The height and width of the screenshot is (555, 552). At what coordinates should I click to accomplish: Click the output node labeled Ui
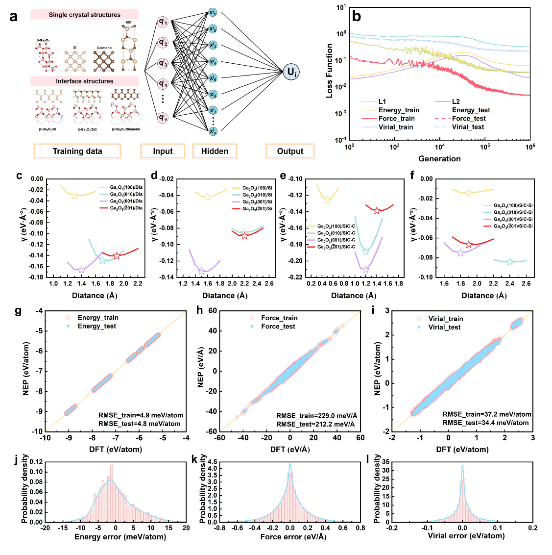point(291,73)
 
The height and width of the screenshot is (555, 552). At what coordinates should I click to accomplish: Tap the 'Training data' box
point(77,151)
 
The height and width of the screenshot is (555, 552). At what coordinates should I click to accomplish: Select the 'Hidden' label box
point(215,151)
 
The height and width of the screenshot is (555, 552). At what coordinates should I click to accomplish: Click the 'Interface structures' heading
point(84,81)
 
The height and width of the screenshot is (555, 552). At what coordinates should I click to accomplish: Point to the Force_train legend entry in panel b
point(396,119)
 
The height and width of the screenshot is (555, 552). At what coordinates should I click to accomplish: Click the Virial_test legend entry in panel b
point(468,127)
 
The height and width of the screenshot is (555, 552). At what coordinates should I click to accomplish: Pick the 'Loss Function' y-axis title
point(330,71)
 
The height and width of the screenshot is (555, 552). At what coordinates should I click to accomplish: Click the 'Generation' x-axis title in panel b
point(439,159)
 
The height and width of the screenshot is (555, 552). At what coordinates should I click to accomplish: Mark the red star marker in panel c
point(117,256)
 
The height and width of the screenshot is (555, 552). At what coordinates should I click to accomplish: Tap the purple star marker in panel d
point(201,271)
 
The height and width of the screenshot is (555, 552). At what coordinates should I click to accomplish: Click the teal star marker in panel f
point(509,262)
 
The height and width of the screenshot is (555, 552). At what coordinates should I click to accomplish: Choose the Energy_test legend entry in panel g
point(97,326)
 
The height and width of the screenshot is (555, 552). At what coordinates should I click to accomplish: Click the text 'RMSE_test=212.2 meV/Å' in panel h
point(315,424)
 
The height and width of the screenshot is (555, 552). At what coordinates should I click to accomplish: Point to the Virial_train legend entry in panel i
point(445,319)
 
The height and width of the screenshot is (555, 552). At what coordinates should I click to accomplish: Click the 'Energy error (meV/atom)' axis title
point(120,537)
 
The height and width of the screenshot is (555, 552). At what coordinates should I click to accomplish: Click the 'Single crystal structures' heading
point(84,15)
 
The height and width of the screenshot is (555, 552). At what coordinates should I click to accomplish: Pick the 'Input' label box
point(163,151)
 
